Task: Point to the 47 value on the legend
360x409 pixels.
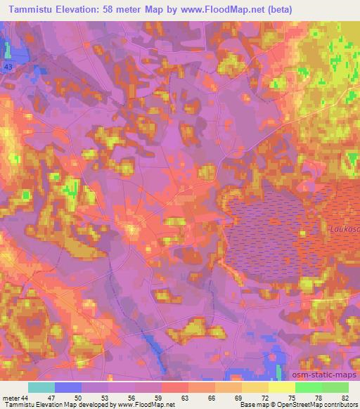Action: (x=51, y=397)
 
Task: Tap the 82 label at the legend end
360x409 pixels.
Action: (x=345, y=397)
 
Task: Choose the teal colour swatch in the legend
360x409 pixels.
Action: (x=41, y=387)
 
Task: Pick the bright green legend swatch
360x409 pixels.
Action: (x=308, y=387)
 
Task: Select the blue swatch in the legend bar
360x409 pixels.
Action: (x=68, y=387)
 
